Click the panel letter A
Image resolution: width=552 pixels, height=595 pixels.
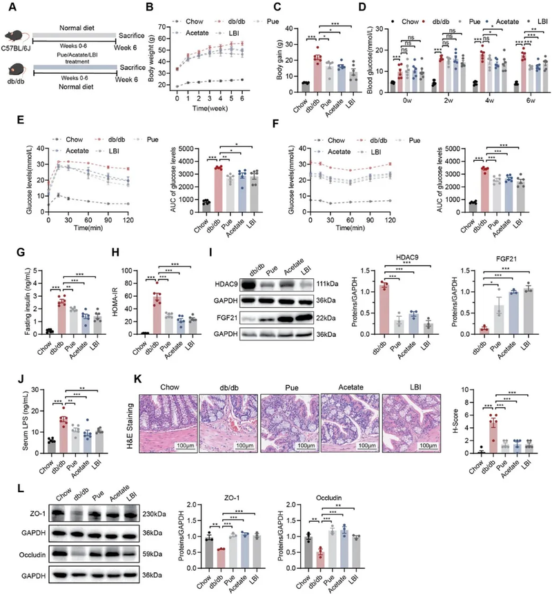point(7,9)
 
